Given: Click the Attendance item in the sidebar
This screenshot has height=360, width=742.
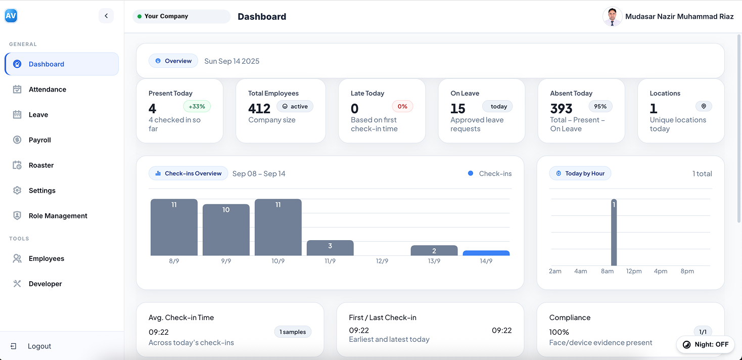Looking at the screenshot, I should (x=47, y=89).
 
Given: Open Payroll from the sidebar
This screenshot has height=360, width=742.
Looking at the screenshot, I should (x=39, y=140).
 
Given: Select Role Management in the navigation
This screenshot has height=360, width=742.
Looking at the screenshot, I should (x=58, y=216).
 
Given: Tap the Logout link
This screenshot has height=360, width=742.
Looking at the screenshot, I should (x=39, y=346).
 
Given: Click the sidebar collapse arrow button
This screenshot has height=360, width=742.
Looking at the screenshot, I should (x=106, y=16).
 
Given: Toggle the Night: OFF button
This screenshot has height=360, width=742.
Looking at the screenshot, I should (x=706, y=344).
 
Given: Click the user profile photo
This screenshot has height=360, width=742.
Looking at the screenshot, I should (x=612, y=17).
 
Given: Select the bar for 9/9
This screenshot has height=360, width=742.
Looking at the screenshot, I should (x=226, y=230).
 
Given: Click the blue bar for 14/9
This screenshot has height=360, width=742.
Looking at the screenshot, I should (x=486, y=253).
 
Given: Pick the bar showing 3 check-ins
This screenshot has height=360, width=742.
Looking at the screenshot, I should (x=330, y=248).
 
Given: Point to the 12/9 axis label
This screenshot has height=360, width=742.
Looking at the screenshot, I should (x=382, y=261).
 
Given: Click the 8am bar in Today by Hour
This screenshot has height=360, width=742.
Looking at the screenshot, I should (x=614, y=233).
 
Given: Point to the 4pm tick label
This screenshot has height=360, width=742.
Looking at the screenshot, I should (x=661, y=272).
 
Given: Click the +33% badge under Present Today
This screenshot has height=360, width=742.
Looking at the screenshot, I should (x=197, y=107).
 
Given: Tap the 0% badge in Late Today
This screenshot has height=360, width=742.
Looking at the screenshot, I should (x=402, y=107).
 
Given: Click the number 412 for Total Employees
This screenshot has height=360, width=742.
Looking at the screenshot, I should (x=259, y=109).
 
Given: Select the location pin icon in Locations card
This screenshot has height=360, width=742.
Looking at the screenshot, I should (x=704, y=106).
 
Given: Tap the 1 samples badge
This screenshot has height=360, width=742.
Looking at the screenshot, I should (x=293, y=332).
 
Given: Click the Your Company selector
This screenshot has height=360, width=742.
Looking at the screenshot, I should (x=181, y=17).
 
